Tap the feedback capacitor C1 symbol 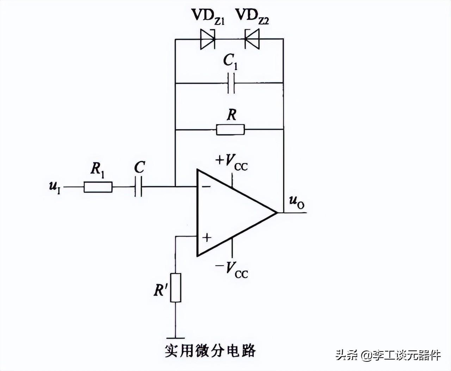coord(231,83)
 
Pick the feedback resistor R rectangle coord(230,129)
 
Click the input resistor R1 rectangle coord(98,187)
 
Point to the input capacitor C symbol coord(138,187)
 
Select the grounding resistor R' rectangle coord(175,287)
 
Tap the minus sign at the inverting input coord(206,186)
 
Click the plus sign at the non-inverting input coord(207,238)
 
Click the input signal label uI coord(55,187)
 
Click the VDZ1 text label coord(208,16)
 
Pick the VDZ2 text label coord(252,16)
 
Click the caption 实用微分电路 coord(210,351)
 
